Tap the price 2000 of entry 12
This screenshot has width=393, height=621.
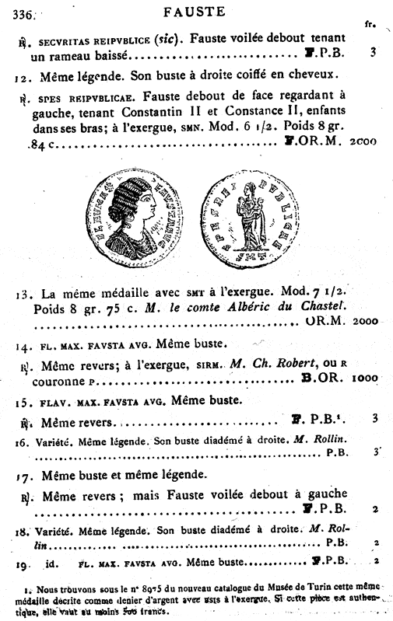363,142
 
